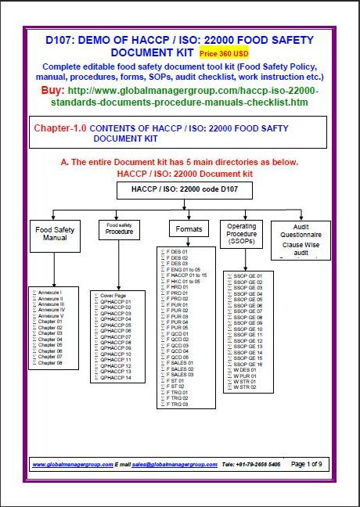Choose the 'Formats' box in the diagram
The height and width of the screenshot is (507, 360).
(185, 229)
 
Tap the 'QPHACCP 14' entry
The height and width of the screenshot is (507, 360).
(117, 378)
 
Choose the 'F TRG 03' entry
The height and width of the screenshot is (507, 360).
(179, 405)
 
